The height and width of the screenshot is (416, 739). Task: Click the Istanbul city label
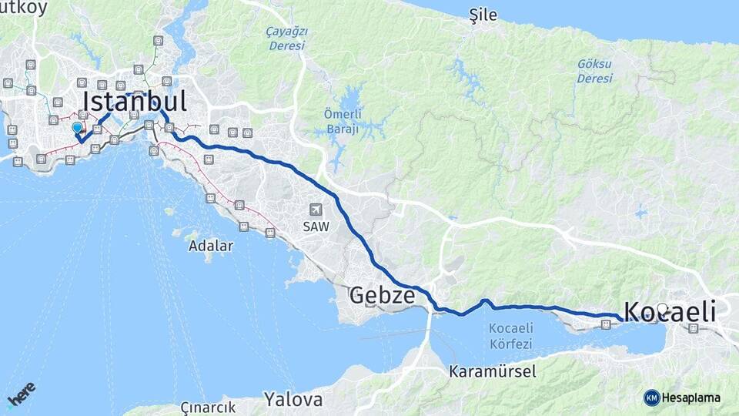point(135,101)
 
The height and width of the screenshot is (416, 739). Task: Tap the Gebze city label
point(382,294)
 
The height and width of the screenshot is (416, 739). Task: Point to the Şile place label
point(483,15)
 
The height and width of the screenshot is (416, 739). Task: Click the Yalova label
point(293,400)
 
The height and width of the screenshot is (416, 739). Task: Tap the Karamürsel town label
point(493,371)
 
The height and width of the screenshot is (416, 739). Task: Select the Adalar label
point(210,247)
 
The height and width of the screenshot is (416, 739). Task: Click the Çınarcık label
point(206,406)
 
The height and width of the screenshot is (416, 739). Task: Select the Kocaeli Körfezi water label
point(511,334)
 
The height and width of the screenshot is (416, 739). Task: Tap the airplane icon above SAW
point(316,210)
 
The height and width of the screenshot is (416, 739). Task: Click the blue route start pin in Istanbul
point(77,129)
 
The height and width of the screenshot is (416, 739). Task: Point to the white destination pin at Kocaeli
point(663,309)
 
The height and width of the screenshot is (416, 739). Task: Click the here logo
point(21,394)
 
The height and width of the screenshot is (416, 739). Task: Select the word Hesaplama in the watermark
point(691,398)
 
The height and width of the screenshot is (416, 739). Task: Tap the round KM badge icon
point(651,398)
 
